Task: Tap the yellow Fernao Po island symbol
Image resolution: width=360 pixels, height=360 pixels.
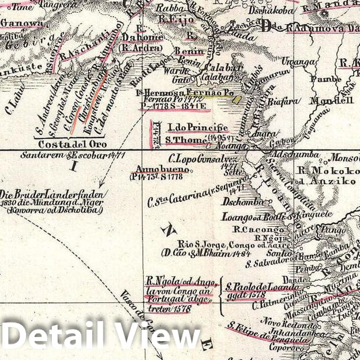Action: pyautogui.click(x=236, y=99)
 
